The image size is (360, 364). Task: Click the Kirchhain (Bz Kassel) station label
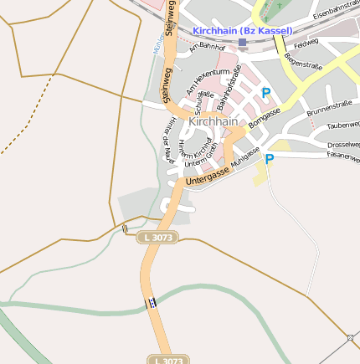243,31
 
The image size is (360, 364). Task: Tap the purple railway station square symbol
243,42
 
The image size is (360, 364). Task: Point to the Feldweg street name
306,42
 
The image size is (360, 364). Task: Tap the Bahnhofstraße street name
229,87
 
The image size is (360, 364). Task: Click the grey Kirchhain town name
213,121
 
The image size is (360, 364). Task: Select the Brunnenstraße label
328,107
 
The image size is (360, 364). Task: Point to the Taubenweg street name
343,126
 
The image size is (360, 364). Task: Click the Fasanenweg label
342,157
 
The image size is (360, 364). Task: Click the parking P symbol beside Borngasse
266,94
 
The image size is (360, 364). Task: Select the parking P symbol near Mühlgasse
270,158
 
